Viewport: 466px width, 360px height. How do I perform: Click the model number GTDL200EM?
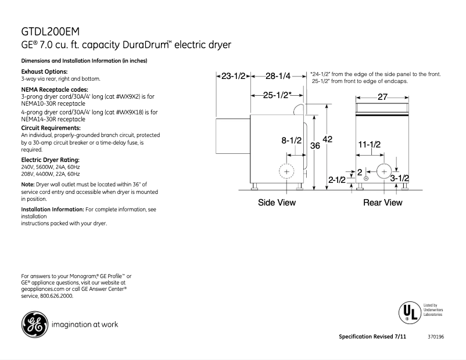51,31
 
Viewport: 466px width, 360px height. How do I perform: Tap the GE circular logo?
34,324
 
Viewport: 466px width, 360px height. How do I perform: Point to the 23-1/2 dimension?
234,76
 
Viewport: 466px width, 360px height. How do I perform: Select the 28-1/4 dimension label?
277,76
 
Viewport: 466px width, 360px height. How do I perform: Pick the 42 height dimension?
328,139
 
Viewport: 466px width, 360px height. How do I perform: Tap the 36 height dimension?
314,146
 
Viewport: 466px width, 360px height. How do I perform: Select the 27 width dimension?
382,97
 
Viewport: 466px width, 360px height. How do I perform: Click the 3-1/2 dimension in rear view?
400,178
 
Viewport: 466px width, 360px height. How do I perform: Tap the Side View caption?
277,203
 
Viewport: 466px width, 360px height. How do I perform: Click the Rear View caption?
382,203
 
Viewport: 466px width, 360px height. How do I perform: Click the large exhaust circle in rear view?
384,171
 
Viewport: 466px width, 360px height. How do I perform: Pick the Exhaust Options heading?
45,71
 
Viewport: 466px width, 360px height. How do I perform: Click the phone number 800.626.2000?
56,296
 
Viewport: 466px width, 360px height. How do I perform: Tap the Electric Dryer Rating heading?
50,159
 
